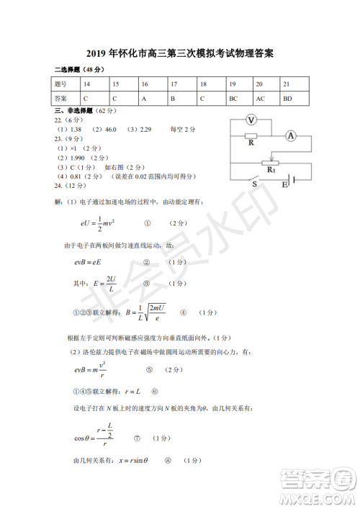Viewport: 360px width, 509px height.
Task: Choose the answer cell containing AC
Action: pyautogui.click(x=261, y=98)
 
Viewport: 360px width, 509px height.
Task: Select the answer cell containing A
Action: pyautogui.click(x=144, y=98)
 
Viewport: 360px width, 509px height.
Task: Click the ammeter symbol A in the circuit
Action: pyautogui.click(x=291, y=135)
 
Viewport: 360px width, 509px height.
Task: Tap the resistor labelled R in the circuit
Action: pyautogui.click(x=251, y=135)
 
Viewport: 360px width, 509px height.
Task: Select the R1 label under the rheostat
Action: pyautogui.click(x=271, y=170)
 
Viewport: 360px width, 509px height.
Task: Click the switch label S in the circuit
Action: pyautogui.click(x=255, y=184)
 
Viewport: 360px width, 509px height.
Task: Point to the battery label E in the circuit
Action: pyautogui.click(x=284, y=185)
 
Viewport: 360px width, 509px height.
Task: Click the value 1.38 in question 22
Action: pyautogui.click(x=77, y=129)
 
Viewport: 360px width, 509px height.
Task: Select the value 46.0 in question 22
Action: pyautogui.click(x=111, y=129)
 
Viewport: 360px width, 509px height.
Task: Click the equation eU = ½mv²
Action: pyautogui.click(x=99, y=224)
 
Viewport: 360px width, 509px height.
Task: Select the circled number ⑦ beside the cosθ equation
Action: pyautogui.click(x=137, y=438)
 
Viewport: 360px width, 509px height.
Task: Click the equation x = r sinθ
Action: pyautogui.click(x=133, y=461)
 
